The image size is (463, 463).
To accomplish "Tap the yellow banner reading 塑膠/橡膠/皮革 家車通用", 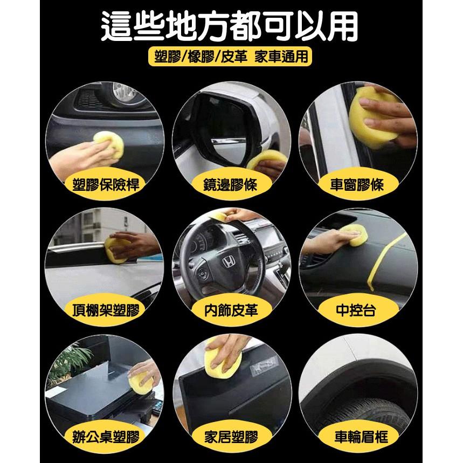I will tap(231, 57).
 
